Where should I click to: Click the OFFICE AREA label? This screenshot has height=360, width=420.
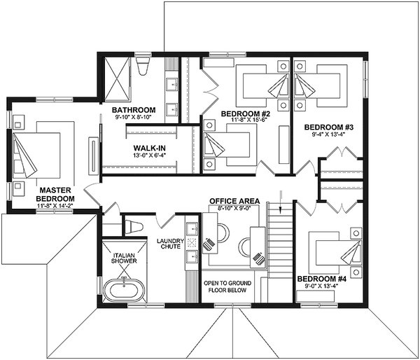(x=234, y=201)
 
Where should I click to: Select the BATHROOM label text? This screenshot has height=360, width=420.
(x=133, y=110)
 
